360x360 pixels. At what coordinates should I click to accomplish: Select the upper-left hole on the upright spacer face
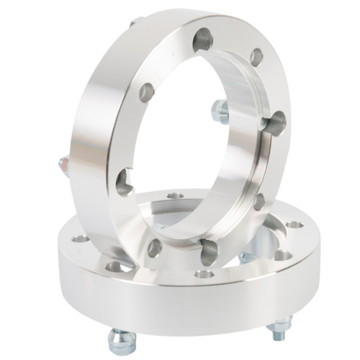pyautogui.click(x=147, y=91)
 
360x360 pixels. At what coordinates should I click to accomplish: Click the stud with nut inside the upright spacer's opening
pyautogui.click(x=220, y=111)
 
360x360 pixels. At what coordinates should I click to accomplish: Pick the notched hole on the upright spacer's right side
pyautogui.click(x=274, y=124)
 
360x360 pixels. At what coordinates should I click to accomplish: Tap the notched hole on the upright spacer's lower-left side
pyautogui.click(x=124, y=181)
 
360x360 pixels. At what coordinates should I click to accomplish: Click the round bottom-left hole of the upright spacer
pyautogui.click(x=155, y=247)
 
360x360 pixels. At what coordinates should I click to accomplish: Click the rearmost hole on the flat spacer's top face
pyautogui.click(x=175, y=195)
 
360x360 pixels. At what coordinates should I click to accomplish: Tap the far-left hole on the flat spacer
pyautogui.click(x=81, y=238)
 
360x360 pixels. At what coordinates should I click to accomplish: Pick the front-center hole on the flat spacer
pyautogui.click(x=204, y=274)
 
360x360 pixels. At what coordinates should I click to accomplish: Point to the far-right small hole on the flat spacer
pyautogui.click(x=294, y=224)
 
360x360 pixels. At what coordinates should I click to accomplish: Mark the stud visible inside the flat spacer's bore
pyautogui.click(x=248, y=256)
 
